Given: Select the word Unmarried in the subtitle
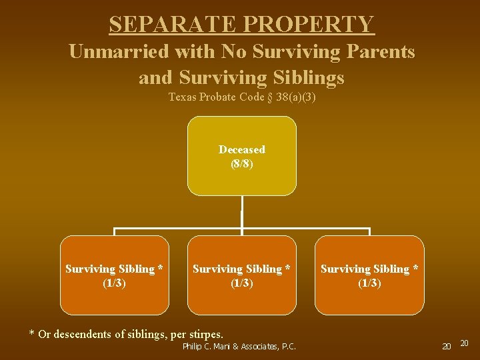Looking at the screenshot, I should tap(120, 51).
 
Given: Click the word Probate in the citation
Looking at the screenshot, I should tap(215, 97).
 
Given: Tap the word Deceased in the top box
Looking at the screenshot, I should tap(241, 149).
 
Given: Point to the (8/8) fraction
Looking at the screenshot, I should tap(241, 163).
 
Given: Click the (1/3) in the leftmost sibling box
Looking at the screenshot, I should tap(115, 283).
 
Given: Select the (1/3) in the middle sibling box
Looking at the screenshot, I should tap(241, 283).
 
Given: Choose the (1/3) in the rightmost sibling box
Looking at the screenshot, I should tap(369, 283).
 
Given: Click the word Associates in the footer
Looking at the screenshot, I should tap(256, 346).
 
